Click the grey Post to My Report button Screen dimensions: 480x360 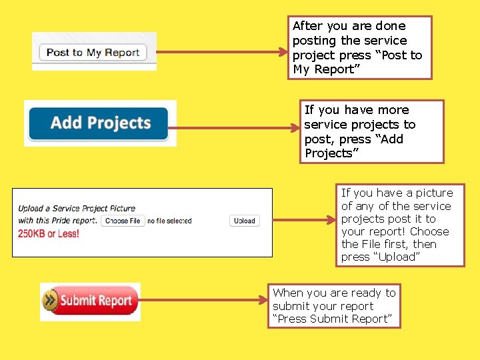tap(93, 53)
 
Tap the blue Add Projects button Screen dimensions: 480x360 tap(100, 123)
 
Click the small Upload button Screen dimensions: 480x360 tap(245, 221)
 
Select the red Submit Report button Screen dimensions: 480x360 tap(90, 301)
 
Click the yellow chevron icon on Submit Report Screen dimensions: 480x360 tap(50, 301)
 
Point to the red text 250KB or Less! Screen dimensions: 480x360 tap(49, 233)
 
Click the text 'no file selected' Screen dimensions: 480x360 tap(169, 221)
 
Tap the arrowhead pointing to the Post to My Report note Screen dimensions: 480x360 tap(282, 51)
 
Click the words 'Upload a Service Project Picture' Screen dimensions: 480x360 tap(77, 209)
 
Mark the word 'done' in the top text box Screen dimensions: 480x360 tap(390, 26)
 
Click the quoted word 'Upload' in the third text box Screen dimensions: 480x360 tap(397, 257)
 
